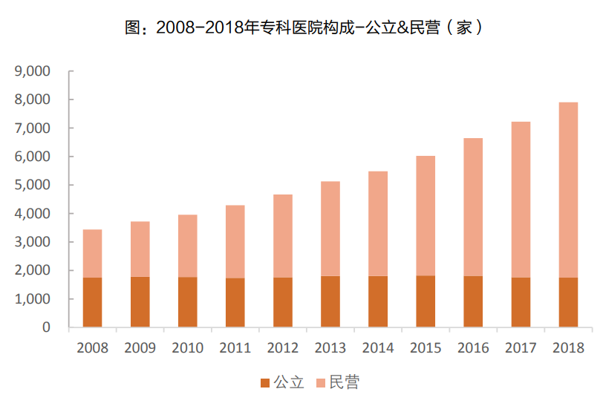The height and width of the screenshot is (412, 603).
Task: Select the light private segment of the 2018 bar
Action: [x=568, y=189]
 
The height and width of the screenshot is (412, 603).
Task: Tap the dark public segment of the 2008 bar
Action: [x=92, y=302]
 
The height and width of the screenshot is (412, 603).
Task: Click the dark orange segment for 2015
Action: [x=426, y=301]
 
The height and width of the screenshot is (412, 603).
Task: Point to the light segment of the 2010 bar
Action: [x=187, y=246]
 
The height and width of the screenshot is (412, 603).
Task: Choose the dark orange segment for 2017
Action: [x=521, y=302]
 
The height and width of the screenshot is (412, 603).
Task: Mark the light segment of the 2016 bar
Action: [x=473, y=207]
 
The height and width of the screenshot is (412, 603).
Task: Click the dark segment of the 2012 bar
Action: [x=282, y=302]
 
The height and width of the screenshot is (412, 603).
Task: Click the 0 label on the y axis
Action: [x=45, y=327]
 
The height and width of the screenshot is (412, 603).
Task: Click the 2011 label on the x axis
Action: [x=235, y=347]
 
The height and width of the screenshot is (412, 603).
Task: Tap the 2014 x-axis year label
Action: [x=377, y=347]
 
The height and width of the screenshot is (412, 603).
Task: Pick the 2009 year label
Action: [x=140, y=347]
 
